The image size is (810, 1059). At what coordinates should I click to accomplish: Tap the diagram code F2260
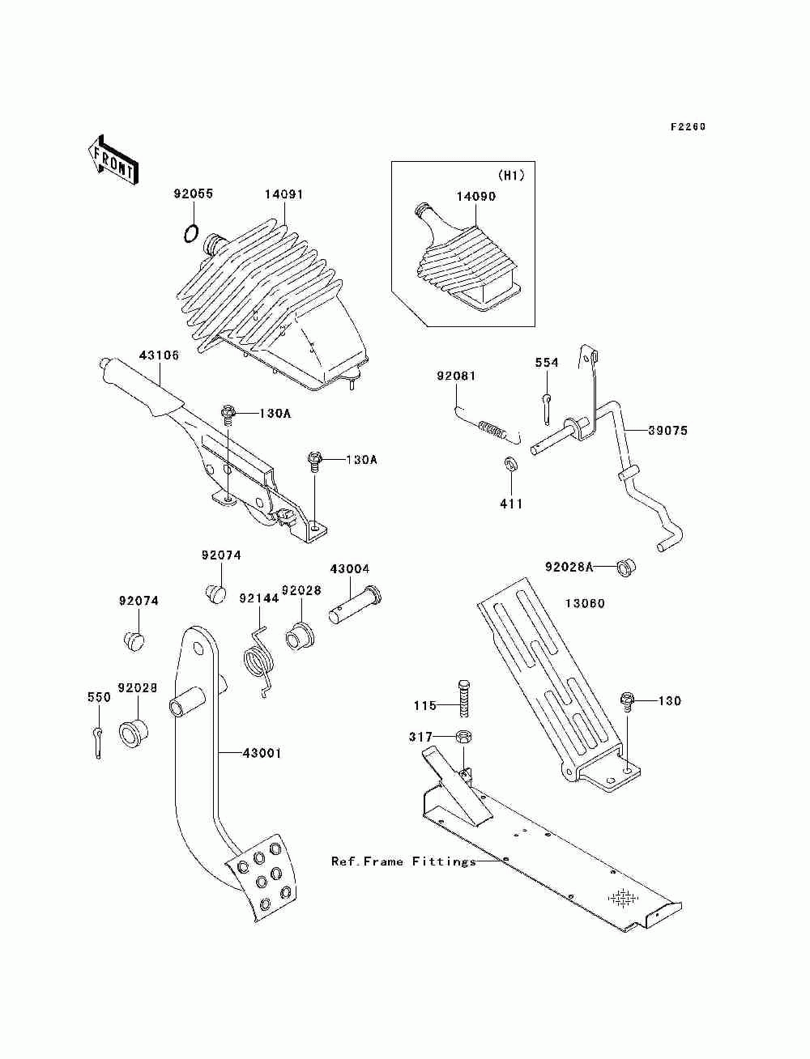click(x=688, y=126)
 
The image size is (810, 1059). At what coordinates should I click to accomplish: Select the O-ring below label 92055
click(x=190, y=234)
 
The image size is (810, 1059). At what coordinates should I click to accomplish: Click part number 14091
click(x=283, y=194)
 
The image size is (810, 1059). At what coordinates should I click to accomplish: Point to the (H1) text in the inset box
click(x=511, y=176)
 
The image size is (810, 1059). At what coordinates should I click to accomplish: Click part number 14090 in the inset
click(x=476, y=197)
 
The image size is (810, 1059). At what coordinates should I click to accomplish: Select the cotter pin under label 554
click(x=546, y=409)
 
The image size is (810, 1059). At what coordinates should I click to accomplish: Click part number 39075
click(x=667, y=431)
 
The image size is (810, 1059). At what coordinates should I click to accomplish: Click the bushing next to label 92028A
click(x=626, y=568)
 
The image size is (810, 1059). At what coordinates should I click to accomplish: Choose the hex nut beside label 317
click(x=463, y=737)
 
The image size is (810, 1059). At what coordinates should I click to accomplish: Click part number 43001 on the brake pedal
click(x=262, y=753)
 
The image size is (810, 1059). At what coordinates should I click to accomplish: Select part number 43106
click(x=159, y=355)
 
